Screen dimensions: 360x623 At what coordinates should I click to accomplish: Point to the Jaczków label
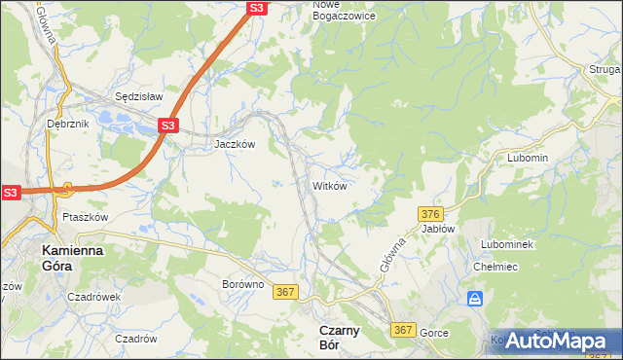[x=235, y=144]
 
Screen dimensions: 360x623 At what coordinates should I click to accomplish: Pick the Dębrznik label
[x=67, y=125]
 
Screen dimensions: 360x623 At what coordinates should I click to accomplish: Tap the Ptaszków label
[x=84, y=217]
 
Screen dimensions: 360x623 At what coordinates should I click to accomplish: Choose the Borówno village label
[x=243, y=285]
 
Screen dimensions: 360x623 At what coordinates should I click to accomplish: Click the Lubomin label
[x=529, y=158]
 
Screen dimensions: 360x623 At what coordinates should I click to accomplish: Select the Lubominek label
[x=507, y=244]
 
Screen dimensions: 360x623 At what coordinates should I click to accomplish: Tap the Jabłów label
[x=438, y=229]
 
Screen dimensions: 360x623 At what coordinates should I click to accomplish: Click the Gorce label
[x=434, y=333]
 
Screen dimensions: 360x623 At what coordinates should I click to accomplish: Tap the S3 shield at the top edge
[x=255, y=8]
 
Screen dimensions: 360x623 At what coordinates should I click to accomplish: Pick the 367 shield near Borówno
[x=285, y=292]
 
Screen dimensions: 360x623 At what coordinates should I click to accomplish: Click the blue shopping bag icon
[x=475, y=299]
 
